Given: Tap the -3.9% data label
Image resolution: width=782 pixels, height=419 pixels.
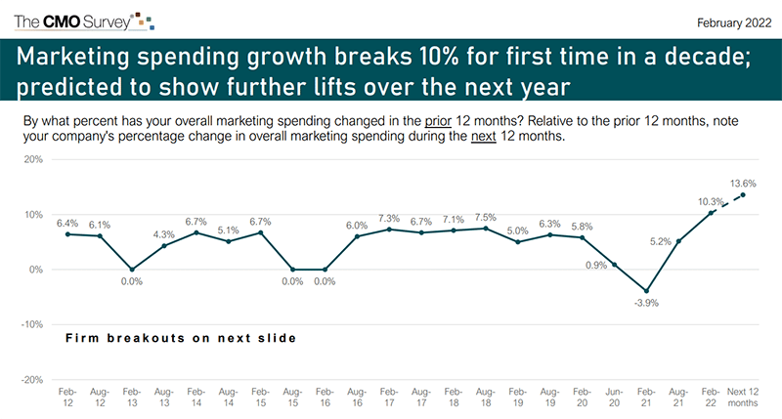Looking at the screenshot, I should tap(645, 305).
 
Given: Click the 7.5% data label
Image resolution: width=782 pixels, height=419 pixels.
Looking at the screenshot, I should tap(485, 217).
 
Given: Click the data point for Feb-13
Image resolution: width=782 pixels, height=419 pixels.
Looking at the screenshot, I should tap(132, 270).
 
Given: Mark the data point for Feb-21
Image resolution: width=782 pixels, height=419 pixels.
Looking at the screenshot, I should tap(646, 291).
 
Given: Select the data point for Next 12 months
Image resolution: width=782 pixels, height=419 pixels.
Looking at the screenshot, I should tap(743, 194).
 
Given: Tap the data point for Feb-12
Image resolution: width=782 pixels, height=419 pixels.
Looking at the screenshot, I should tap(67, 234).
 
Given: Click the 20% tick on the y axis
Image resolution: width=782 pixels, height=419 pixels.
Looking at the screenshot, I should tap(33, 159).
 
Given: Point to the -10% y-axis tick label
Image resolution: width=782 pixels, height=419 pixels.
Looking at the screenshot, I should tap(31, 324).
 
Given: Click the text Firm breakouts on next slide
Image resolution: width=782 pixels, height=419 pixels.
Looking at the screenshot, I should tap(180, 338).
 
